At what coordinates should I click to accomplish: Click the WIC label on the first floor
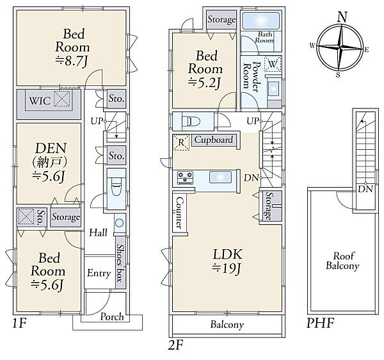pyautogui.click(x=40, y=101)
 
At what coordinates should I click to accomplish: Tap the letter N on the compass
pyautogui.click(x=342, y=17)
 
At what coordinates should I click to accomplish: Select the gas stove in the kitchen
pyautogui.click(x=185, y=177)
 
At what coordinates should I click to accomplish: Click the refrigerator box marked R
pyautogui.click(x=181, y=142)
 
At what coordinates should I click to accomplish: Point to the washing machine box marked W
pyautogui.click(x=273, y=64)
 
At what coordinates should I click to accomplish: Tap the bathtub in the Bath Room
pyautogui.click(x=260, y=20)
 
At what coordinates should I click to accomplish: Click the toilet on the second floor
pyautogui.click(x=191, y=121)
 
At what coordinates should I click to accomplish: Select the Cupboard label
pyautogui.click(x=214, y=140)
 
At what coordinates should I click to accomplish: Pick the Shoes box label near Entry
pyautogui.click(x=120, y=263)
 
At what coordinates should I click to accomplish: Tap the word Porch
pyautogui.click(x=112, y=317)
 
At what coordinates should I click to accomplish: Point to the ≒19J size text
pyautogui.click(x=227, y=269)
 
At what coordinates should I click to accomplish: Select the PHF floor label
pyautogui.click(x=321, y=323)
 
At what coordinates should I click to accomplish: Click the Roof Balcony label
pyautogui.click(x=342, y=261)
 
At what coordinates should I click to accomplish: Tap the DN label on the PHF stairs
pyautogui.click(x=365, y=189)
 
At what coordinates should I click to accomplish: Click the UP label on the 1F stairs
pyautogui.click(x=96, y=121)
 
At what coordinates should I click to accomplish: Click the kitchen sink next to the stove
pyautogui.click(x=220, y=177)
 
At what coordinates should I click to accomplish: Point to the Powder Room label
pyautogui.click(x=251, y=77)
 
